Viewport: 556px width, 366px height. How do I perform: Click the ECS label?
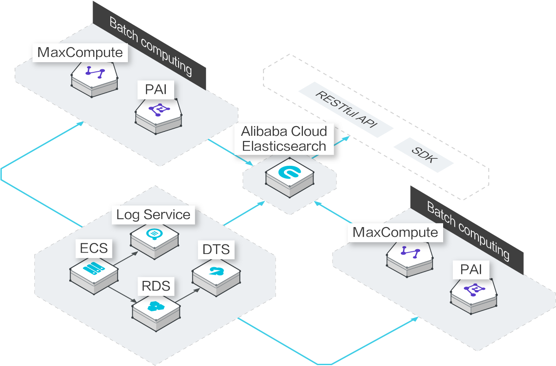click(x=94, y=248)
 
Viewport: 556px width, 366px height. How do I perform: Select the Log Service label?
click(x=153, y=215)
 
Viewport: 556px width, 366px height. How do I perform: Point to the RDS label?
click(x=156, y=286)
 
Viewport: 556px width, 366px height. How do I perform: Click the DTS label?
click(x=216, y=250)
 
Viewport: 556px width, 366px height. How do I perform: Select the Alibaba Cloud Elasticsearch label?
click(x=284, y=139)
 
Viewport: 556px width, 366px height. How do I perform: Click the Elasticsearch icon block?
click(x=290, y=175)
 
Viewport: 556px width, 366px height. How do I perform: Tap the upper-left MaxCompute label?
click(x=80, y=52)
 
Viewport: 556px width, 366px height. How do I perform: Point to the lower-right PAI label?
click(x=471, y=269)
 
